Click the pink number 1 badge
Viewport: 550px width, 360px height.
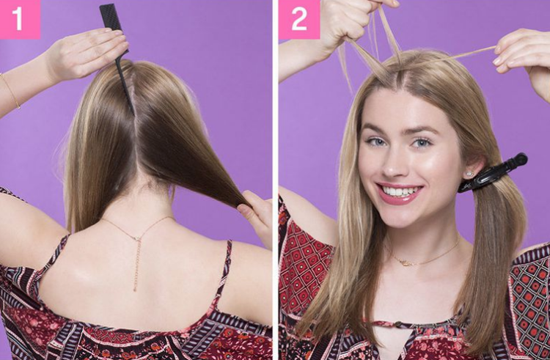pyautogui.click(x=20, y=19)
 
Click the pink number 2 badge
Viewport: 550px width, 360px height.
pyautogui.click(x=299, y=19)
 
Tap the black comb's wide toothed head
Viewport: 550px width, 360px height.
pyautogui.click(x=111, y=18)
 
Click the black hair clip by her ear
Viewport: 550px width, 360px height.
pyautogui.click(x=493, y=173)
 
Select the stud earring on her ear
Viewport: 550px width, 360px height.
pyautogui.click(x=469, y=174)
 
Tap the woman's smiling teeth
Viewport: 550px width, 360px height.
pyautogui.click(x=399, y=191)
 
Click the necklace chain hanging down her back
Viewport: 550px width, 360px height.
pyautogui.click(x=136, y=264)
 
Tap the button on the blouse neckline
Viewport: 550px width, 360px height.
pyautogui.click(x=397, y=325)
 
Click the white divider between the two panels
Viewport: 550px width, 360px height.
pyautogui.click(x=275, y=180)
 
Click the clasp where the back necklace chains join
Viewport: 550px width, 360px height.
pyautogui.click(x=137, y=238)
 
